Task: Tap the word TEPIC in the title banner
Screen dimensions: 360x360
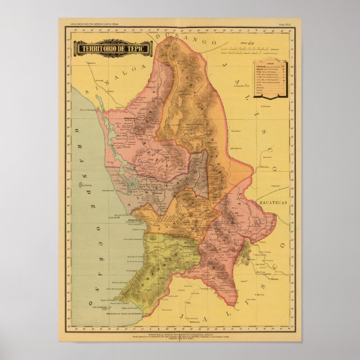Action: tap(136, 48)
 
